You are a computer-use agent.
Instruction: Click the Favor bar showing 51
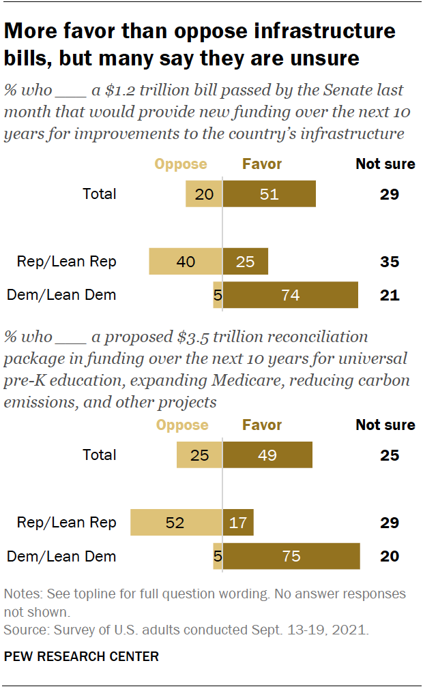(269, 194)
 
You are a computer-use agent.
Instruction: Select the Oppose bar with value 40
(186, 262)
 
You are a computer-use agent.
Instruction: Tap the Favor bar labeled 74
(291, 295)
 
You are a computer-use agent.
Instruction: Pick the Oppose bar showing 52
(176, 523)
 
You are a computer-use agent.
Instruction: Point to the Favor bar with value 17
(238, 523)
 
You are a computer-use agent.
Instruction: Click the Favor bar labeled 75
(291, 556)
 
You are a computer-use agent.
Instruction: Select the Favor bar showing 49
(267, 455)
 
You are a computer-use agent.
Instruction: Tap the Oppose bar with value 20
(203, 194)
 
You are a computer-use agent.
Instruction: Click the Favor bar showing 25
(246, 262)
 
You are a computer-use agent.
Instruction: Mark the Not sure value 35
(389, 262)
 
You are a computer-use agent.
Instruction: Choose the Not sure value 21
(389, 295)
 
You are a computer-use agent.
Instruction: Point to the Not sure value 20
(389, 556)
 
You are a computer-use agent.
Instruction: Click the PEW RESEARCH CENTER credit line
(81, 657)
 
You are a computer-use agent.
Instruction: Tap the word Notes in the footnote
(21, 594)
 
